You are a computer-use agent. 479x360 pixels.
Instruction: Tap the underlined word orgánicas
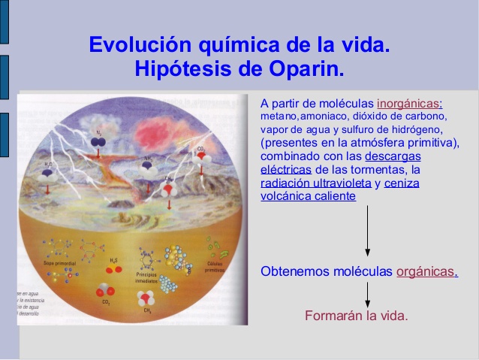[x=426, y=271]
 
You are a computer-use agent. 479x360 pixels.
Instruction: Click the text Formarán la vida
[x=357, y=315]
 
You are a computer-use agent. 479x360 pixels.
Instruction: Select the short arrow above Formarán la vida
[x=367, y=292]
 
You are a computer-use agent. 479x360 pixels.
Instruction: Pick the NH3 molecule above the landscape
[x=148, y=168]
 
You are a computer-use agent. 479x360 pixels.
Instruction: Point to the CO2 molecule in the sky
[x=200, y=159]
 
